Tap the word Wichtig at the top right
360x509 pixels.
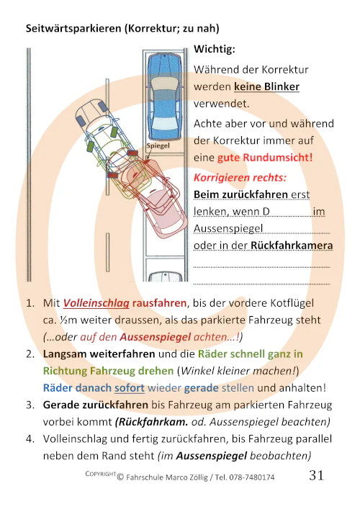click(x=215, y=51)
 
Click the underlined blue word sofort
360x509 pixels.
click(x=130, y=387)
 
